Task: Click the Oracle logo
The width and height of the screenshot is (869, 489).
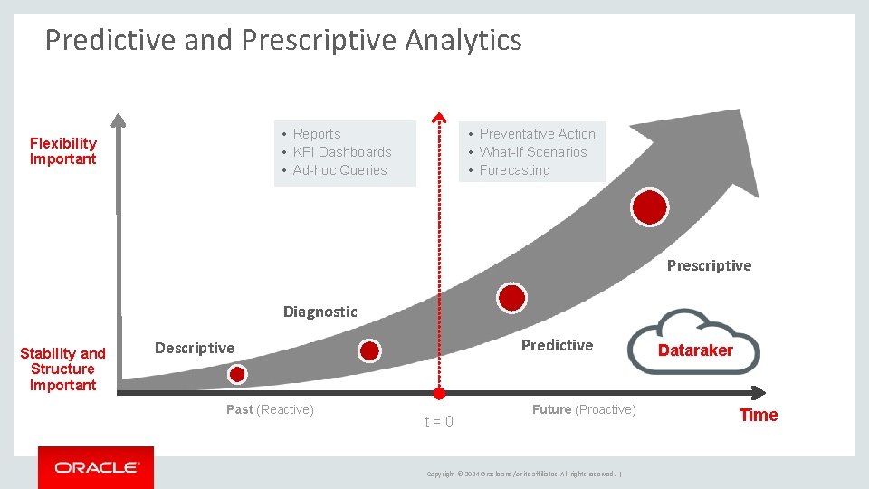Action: (x=96, y=467)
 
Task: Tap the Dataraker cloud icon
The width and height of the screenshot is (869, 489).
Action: (x=694, y=342)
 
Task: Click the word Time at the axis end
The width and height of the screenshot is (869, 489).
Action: (x=759, y=415)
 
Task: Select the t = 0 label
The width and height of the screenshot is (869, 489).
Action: (x=439, y=422)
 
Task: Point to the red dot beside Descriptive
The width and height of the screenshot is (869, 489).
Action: (x=237, y=373)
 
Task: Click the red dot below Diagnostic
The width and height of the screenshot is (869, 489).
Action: (x=369, y=350)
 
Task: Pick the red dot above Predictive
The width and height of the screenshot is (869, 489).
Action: (x=511, y=297)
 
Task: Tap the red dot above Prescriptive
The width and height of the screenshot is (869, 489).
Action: (x=650, y=207)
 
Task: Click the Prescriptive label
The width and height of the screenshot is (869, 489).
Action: (x=709, y=265)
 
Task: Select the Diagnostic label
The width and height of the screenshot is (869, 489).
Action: (x=320, y=312)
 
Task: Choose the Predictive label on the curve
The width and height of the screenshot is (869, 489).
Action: (x=557, y=345)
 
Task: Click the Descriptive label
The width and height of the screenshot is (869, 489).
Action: (x=195, y=348)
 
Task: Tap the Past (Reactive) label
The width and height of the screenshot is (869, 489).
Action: (x=270, y=409)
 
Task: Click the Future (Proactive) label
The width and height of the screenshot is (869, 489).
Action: (x=584, y=409)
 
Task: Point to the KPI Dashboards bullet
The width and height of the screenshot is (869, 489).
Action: (x=342, y=152)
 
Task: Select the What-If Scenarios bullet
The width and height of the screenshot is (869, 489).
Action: (x=533, y=152)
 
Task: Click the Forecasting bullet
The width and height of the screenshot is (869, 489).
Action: (x=514, y=170)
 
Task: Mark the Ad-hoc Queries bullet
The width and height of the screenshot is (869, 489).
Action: (x=339, y=170)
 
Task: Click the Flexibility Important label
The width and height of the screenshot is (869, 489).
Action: (x=62, y=151)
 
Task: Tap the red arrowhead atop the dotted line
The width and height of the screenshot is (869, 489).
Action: (x=439, y=118)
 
